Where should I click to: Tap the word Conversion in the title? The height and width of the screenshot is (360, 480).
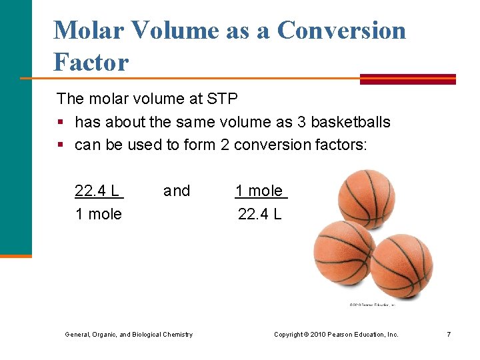[341, 31]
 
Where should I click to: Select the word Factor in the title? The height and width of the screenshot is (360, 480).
[91, 63]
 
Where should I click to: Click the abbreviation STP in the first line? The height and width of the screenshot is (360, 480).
[221, 99]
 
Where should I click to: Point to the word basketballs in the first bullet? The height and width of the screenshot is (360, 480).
[351, 123]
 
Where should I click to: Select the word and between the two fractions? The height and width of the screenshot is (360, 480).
[177, 191]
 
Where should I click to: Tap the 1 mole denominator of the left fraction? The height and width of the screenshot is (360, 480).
[99, 214]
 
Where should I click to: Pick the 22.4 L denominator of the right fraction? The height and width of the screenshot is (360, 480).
[260, 214]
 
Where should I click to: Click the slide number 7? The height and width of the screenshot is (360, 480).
[449, 334]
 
